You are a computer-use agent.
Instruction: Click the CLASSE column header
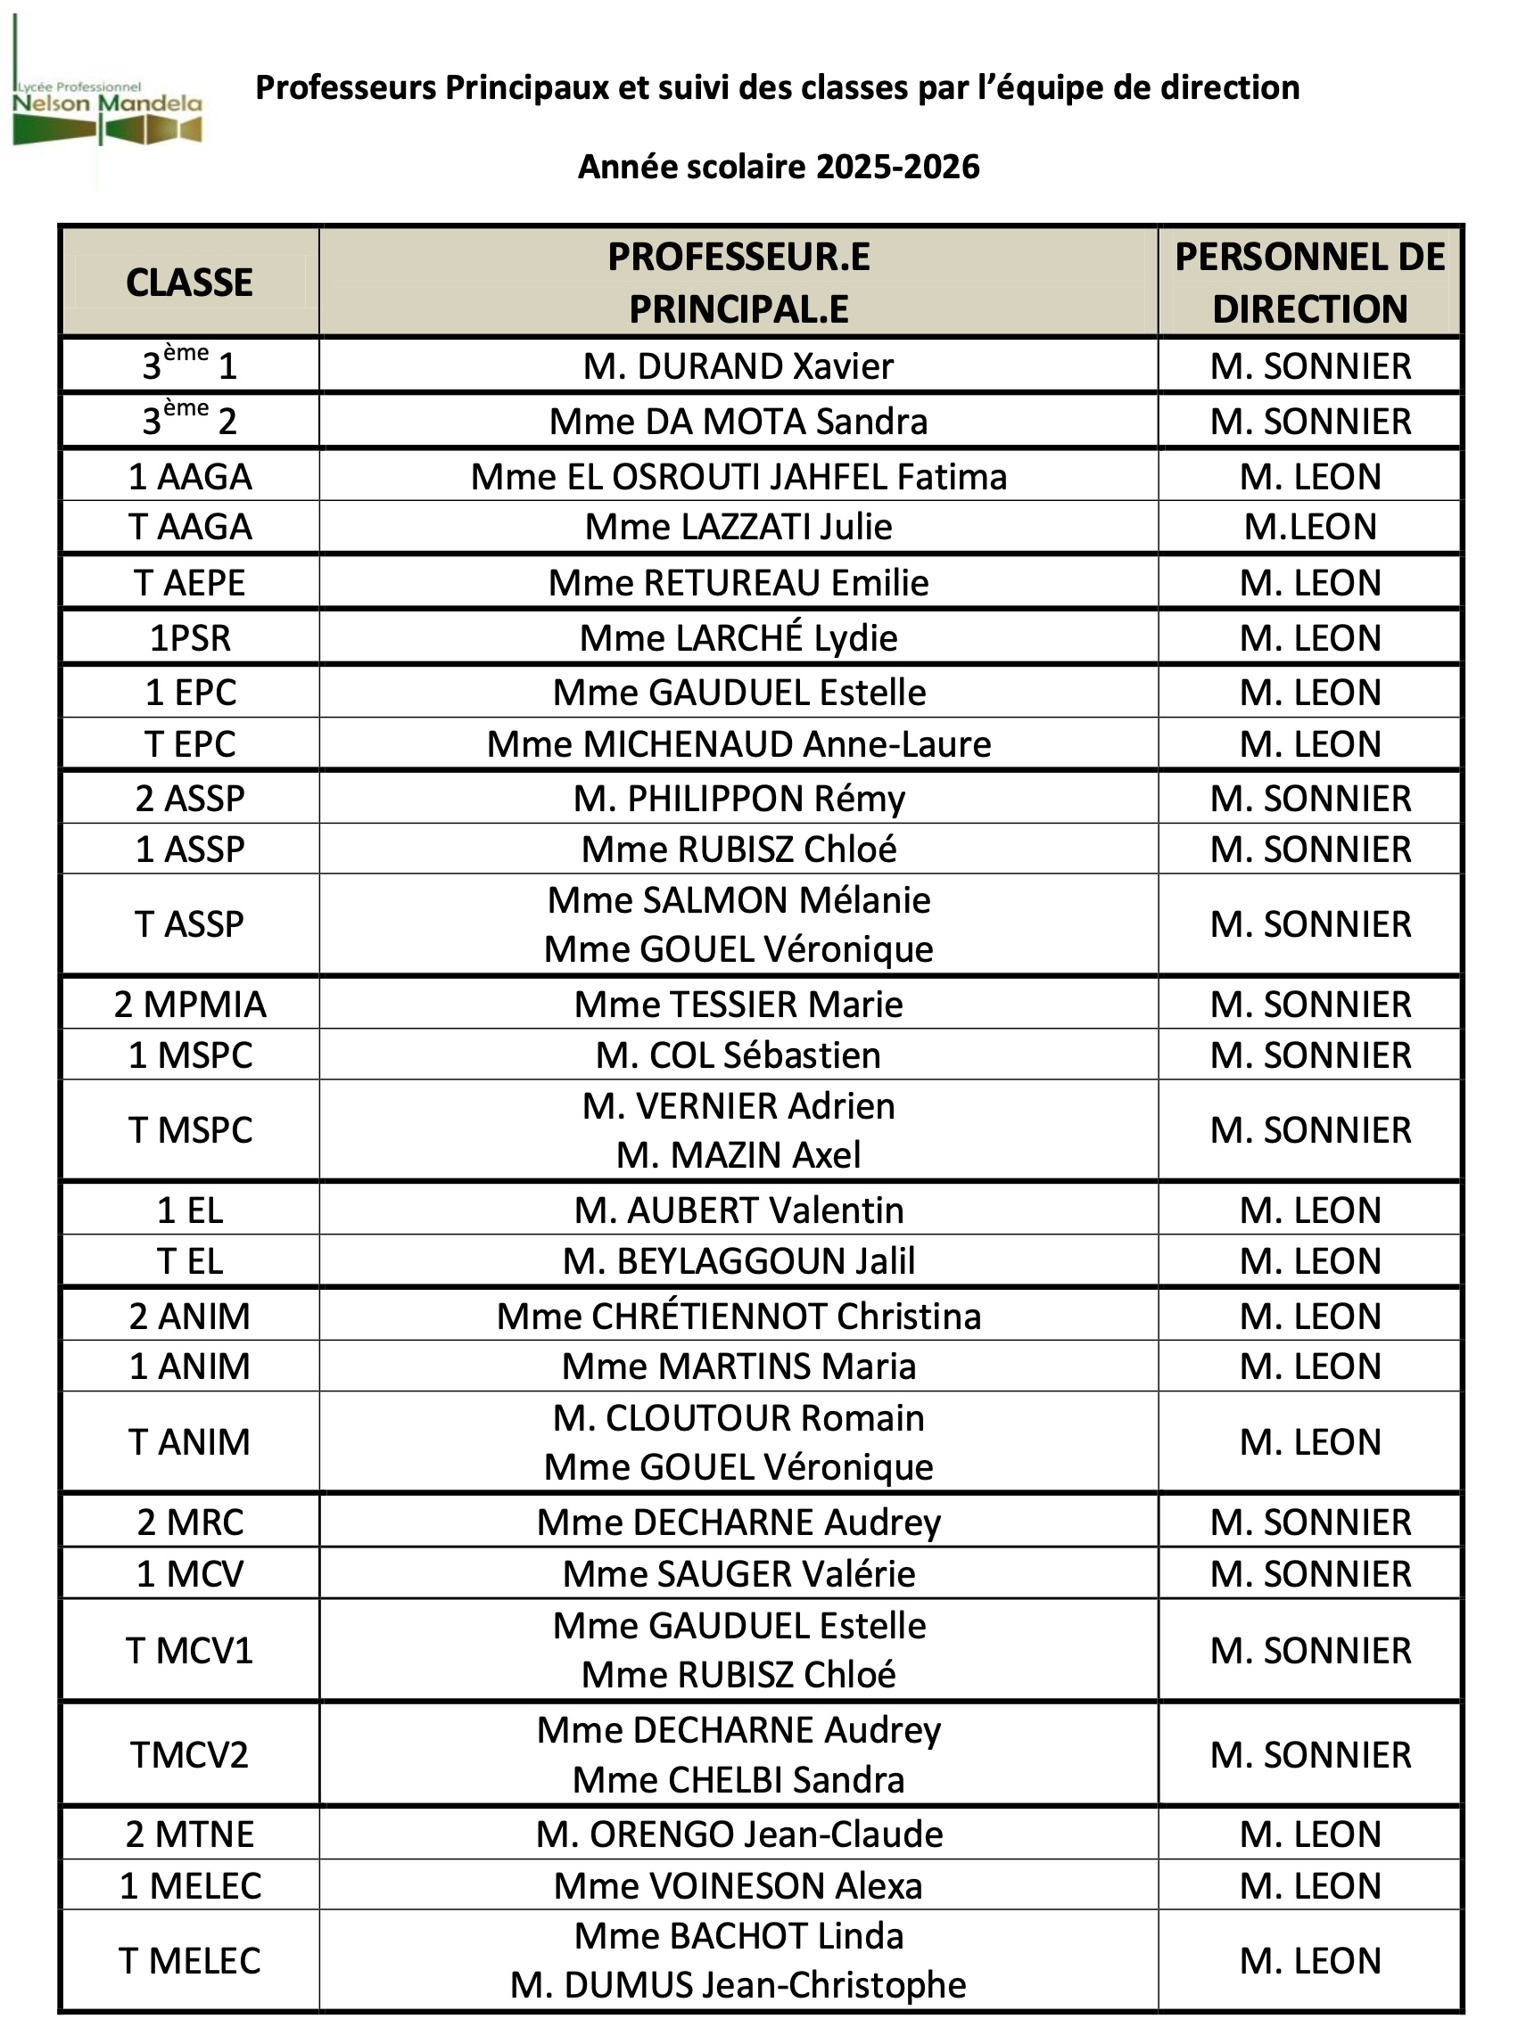click(189, 283)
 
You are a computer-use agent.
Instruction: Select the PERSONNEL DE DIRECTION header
click(1309, 283)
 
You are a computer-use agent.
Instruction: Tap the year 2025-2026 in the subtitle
click(897, 167)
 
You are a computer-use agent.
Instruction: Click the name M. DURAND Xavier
click(738, 366)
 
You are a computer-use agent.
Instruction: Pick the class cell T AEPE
click(189, 583)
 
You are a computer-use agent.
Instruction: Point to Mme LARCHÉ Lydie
click(738, 638)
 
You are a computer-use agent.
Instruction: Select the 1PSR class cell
click(189, 638)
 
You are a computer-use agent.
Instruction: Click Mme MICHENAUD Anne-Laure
click(738, 744)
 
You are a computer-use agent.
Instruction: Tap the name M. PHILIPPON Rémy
click(738, 799)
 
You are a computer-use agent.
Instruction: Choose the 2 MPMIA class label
click(189, 1005)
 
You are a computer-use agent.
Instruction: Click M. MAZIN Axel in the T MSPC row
click(738, 1155)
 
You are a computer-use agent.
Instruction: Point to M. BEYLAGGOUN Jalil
click(738, 1262)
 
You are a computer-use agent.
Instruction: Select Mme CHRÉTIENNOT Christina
click(738, 1317)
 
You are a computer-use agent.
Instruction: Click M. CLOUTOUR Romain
click(738, 1418)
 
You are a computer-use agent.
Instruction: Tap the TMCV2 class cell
click(189, 1755)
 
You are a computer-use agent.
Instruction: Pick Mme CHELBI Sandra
click(738, 1779)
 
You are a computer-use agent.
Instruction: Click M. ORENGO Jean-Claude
click(738, 1834)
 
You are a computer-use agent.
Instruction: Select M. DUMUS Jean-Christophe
click(738, 1985)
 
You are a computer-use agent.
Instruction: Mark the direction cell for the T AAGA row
click(1309, 527)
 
